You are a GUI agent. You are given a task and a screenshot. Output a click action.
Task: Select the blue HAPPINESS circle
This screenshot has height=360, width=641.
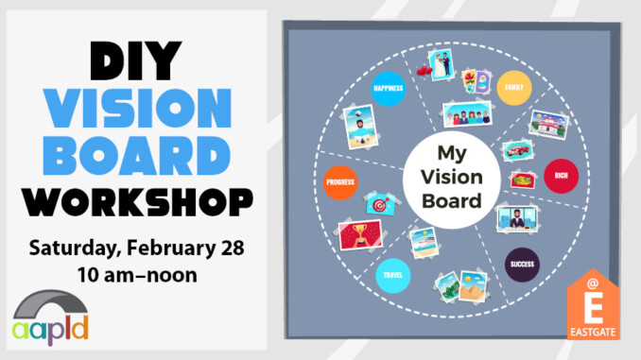pyautogui.click(x=389, y=89)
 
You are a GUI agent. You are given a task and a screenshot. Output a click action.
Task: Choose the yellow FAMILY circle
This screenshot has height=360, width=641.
pyautogui.click(x=513, y=86)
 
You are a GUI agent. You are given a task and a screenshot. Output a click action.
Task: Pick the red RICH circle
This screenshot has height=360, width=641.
pyautogui.click(x=560, y=176)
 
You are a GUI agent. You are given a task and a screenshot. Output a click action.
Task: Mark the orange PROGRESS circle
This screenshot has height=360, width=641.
pyautogui.click(x=339, y=181)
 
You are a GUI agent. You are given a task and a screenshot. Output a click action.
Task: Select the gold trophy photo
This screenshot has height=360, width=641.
pyautogui.click(x=361, y=234)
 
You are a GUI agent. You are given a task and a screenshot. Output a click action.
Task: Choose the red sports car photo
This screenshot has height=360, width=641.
pyautogui.click(x=515, y=151)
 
